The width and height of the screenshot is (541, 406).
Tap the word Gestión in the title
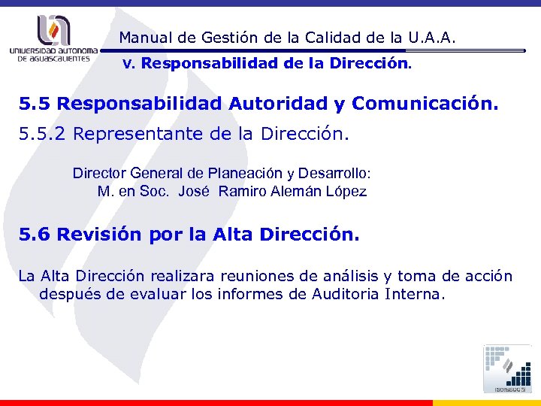coord(219,37)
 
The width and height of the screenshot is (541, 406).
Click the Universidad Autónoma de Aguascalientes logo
coord(53,38)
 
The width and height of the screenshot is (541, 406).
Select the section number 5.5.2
coord(42,135)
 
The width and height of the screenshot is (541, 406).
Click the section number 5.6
coord(35,235)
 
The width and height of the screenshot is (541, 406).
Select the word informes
coord(252,294)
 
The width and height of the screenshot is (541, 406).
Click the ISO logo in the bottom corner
coord(507,369)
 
